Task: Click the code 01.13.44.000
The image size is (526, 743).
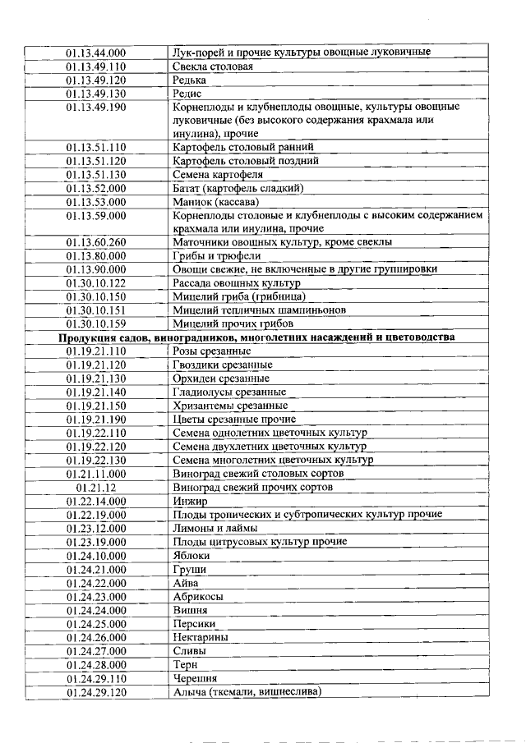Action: [x=96, y=53]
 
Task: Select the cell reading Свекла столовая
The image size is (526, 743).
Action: [x=212, y=67]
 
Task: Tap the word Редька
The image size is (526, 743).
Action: [x=189, y=80]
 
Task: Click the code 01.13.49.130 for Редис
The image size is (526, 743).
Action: [x=96, y=94]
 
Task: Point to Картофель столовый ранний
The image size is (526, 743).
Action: [x=243, y=147]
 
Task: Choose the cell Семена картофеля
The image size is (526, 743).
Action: [x=218, y=175]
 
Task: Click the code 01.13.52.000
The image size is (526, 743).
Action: [x=96, y=188]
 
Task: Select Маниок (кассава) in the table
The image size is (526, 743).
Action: [x=215, y=202]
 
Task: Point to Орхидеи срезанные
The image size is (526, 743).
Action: [x=221, y=378]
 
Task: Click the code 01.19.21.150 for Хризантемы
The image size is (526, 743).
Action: [x=96, y=406]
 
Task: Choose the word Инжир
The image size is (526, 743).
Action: [x=190, y=501]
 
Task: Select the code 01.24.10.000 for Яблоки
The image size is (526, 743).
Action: [x=96, y=555]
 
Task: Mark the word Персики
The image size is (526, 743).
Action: [x=195, y=623]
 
